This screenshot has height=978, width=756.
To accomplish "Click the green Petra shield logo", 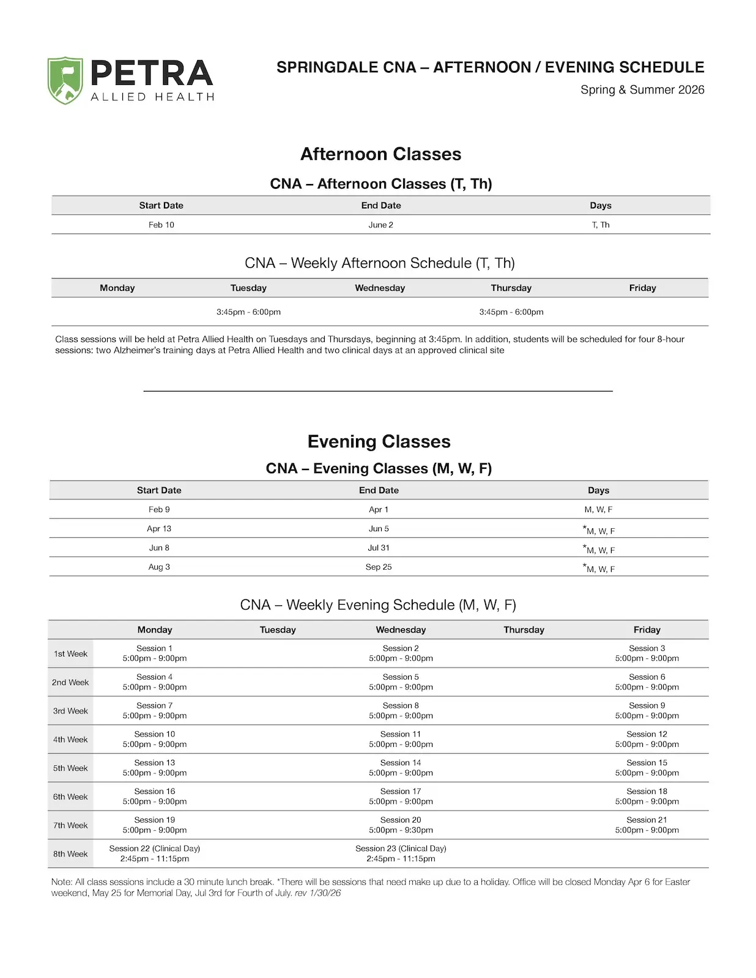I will (65, 80).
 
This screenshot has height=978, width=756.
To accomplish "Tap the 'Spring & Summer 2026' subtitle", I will (642, 90).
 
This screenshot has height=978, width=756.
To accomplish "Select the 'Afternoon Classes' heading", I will (380, 154).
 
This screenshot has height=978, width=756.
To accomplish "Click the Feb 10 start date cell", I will (161, 225).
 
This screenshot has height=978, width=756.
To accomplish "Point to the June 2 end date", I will (380, 225).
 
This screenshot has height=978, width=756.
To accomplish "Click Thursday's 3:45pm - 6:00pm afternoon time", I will (511, 312).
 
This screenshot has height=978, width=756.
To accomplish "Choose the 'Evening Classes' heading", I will (379, 441).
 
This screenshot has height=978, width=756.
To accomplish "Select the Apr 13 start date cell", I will (159, 529).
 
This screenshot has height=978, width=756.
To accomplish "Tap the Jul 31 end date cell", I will (379, 548).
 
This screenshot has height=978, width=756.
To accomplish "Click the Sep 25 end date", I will (379, 567).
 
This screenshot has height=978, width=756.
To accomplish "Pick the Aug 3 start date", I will (159, 567).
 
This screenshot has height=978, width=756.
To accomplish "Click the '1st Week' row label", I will (70, 654).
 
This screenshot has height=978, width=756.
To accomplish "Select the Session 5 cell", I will (401, 682).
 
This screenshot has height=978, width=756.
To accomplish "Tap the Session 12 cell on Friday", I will (647, 739).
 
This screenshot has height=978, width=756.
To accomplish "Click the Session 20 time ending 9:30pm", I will (401, 830).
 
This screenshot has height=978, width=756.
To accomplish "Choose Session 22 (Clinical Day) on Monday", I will (155, 853).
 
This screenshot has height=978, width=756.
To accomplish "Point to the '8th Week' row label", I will (70, 854).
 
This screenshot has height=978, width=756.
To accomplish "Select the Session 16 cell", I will (155, 796).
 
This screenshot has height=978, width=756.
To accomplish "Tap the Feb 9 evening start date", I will (159, 510).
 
